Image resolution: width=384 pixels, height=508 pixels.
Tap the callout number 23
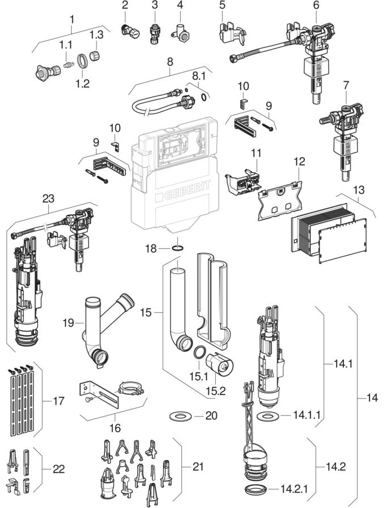coord(49,198)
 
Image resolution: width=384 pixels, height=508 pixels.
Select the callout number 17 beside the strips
coord(59,401)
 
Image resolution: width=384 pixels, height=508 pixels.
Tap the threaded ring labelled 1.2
coord(81,59)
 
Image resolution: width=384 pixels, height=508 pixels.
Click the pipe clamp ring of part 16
coord(129,388)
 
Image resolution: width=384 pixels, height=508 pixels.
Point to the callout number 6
coord(316,5)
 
